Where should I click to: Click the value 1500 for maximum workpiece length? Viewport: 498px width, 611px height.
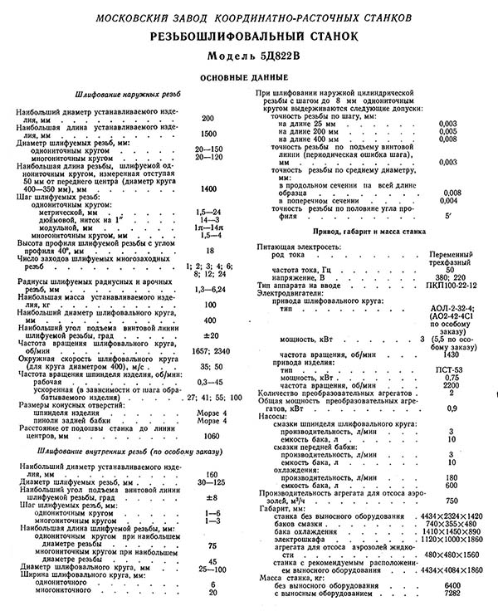click(x=208, y=134)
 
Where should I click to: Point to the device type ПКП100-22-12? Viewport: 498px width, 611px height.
click(x=450, y=284)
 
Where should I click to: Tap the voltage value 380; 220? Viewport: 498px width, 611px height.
click(x=450, y=276)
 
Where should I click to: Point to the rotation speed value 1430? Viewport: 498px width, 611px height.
click(x=450, y=354)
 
